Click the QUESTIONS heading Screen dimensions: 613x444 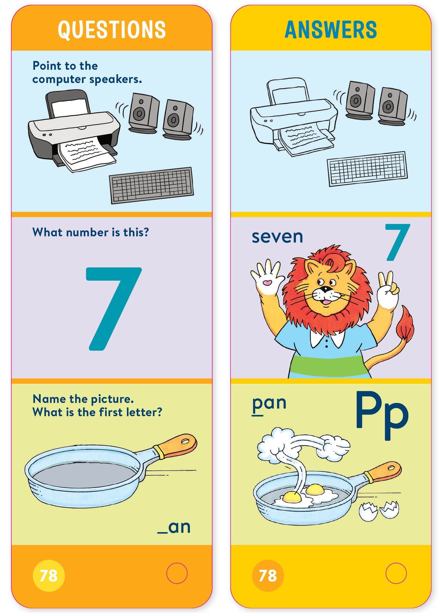[112, 30]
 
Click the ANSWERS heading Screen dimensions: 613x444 [331, 30]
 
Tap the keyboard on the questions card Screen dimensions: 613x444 [151, 185]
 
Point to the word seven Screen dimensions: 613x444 [277, 237]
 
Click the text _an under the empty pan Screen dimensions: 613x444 [174, 527]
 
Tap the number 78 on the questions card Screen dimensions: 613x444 [49, 575]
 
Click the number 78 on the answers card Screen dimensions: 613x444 [268, 575]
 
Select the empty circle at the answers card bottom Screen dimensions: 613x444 [396, 573]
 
